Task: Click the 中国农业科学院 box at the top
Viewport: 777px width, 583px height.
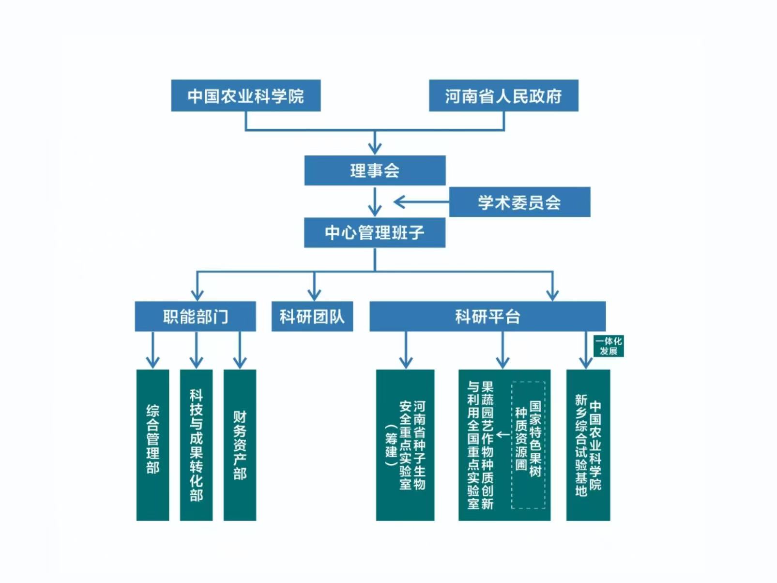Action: point(245,96)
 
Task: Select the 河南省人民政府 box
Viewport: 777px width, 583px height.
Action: point(503,96)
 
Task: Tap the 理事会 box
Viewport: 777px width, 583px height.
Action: point(375,170)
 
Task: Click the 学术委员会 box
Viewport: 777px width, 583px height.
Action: point(519,202)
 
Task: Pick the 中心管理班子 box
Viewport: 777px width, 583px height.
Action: point(375,233)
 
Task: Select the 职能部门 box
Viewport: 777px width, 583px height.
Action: point(195,317)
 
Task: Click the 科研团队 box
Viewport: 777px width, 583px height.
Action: point(312,317)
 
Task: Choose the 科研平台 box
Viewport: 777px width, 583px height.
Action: point(488,317)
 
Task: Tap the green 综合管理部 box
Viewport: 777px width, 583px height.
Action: point(153,445)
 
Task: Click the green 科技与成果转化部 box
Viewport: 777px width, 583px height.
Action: point(196,445)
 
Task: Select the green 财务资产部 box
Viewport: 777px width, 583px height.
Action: point(240,445)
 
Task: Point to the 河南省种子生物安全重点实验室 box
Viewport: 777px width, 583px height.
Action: point(405,445)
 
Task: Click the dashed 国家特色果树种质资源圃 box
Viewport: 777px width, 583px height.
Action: point(528,445)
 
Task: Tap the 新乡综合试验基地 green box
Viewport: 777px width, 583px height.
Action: point(588,445)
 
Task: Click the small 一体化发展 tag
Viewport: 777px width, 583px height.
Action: point(609,346)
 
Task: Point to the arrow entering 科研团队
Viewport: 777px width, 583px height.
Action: point(315,293)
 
